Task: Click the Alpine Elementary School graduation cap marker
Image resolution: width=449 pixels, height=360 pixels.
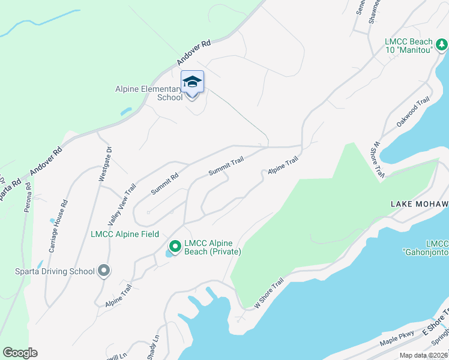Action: coord(192,82)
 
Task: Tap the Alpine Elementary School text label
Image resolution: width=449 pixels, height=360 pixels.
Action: coord(149,94)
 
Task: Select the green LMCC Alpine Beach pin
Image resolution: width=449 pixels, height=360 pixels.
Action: coord(175,247)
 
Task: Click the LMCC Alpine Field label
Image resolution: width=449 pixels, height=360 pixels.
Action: coord(125,233)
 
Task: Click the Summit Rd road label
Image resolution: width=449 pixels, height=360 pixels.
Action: coord(165,184)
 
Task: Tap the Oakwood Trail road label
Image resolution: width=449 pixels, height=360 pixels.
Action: coord(414,112)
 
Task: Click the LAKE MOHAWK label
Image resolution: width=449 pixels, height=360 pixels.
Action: coord(419,205)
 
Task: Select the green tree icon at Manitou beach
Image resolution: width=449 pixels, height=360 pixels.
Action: coord(442,44)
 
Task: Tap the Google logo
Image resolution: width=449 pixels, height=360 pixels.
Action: coord(20,352)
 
